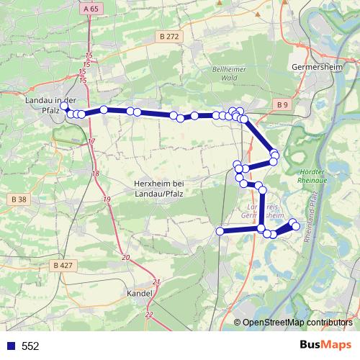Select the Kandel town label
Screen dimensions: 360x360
pos(139,294)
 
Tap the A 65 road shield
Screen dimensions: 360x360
pos(90,9)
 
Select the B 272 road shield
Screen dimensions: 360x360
pos(170,36)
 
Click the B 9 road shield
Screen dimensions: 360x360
pos(282,105)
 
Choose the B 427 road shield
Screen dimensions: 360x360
pos(63,265)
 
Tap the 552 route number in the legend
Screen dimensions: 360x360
pos(30,346)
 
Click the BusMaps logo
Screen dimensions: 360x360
pos(325,345)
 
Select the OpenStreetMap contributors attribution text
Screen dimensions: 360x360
pos(297,322)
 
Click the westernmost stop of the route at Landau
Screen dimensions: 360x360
pos(64,106)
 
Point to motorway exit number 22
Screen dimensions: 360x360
pos(149,315)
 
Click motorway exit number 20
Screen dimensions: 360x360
pos(126,257)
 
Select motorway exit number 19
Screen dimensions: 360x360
pos(107,199)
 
